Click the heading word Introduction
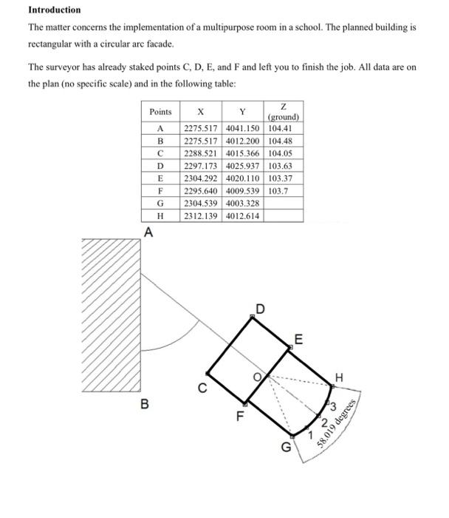[x=55, y=10]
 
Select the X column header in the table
[x=201, y=112]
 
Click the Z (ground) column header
[x=284, y=112]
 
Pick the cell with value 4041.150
[x=242, y=129]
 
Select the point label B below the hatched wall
[x=145, y=405]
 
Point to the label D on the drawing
[x=258, y=307]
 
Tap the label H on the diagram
[x=339, y=377]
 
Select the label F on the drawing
[x=239, y=415]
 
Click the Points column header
[x=160, y=112]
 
